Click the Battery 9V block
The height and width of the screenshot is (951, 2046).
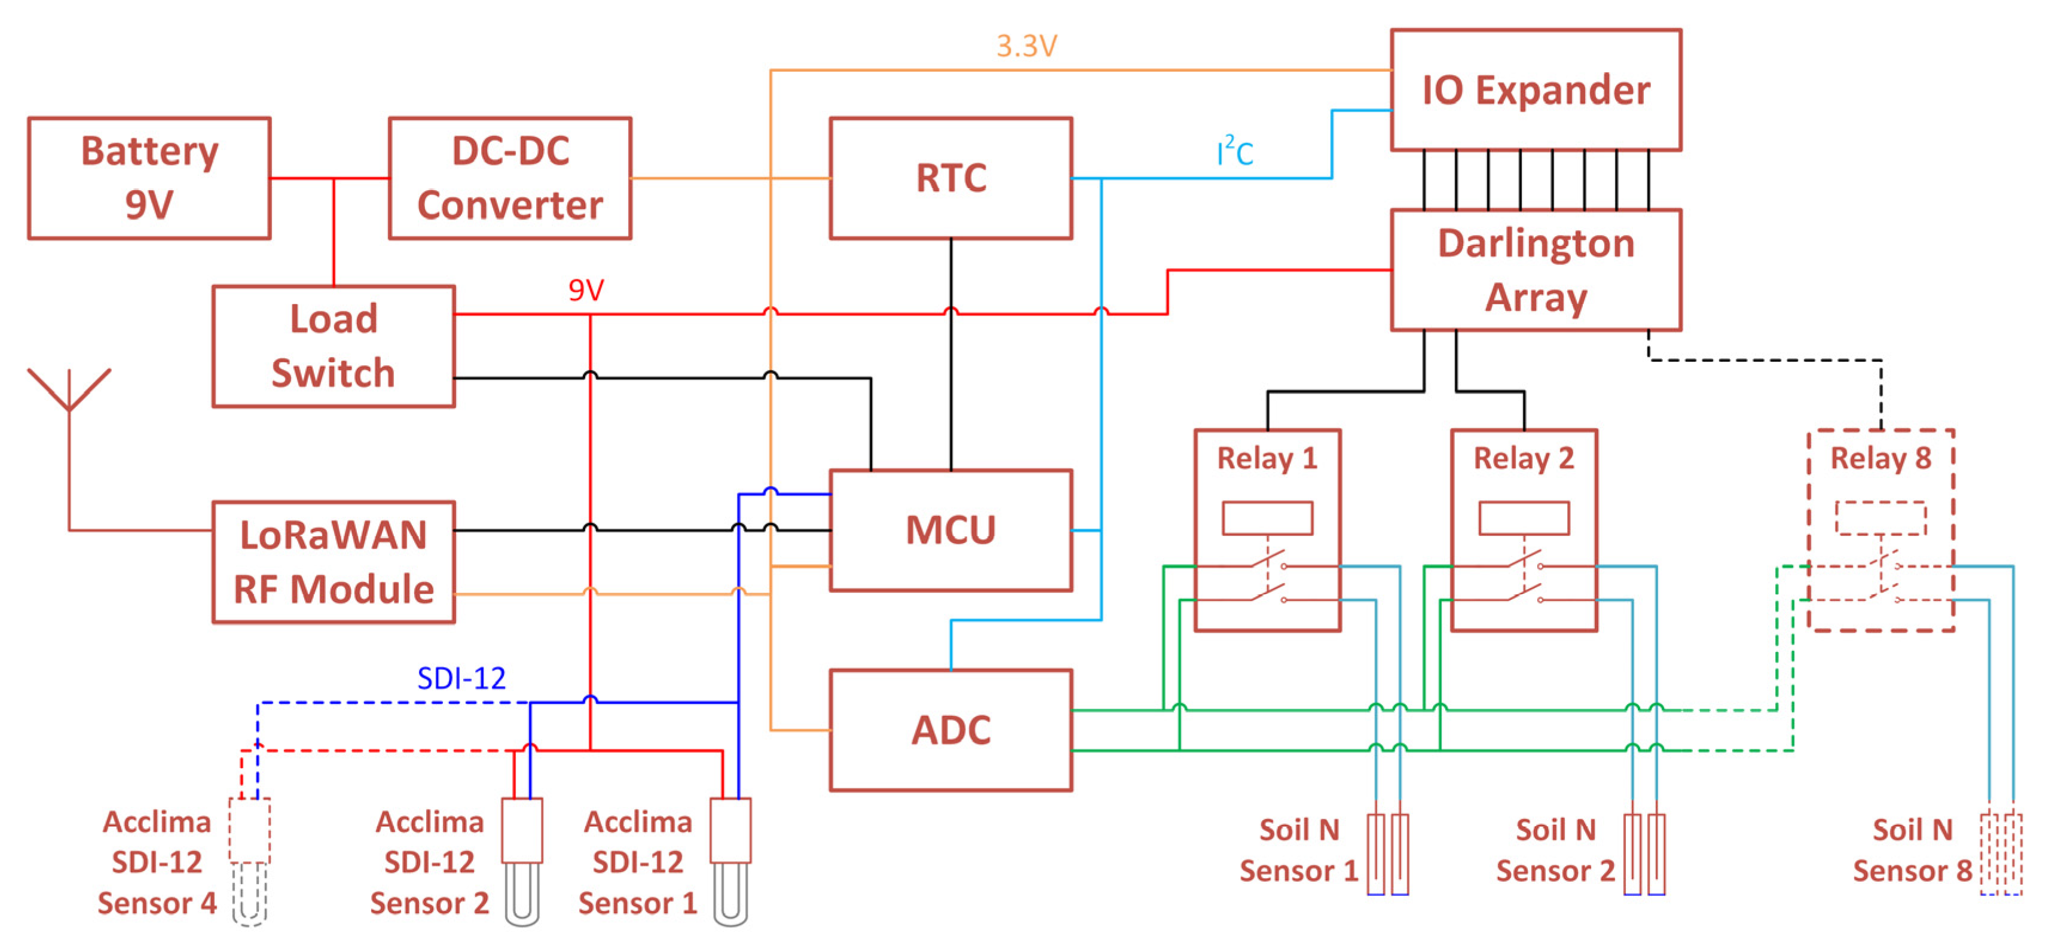149,178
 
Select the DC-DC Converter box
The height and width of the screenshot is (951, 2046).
510,178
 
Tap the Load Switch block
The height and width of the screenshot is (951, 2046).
334,346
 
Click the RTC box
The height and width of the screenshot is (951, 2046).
951,178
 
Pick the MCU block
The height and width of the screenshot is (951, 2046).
951,530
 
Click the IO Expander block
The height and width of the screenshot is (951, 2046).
1536,90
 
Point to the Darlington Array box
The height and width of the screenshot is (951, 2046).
1536,270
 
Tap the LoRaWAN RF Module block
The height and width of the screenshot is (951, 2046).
334,562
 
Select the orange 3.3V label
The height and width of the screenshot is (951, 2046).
1026,46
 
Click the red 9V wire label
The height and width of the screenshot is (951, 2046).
586,290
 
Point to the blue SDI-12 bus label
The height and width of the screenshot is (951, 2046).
461,678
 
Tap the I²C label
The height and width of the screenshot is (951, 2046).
1234,152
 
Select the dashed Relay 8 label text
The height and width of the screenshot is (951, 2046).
1880,458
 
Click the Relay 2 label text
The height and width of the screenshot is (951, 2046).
1524,458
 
